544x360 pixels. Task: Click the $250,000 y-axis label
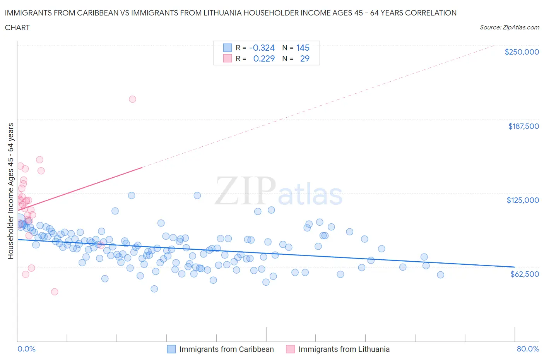pyautogui.click(x=522, y=52)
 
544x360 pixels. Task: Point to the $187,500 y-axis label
pyautogui.click(x=523, y=126)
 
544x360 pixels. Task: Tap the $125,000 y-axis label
pyautogui.click(x=522, y=200)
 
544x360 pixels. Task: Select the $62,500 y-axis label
pyautogui.click(x=524, y=274)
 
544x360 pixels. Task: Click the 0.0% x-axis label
pyautogui.click(x=26, y=349)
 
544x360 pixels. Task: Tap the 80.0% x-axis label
pyautogui.click(x=528, y=349)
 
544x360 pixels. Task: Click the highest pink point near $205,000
pyautogui.click(x=132, y=99)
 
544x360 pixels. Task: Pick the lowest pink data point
pyautogui.click(x=55, y=292)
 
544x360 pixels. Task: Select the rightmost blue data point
pyautogui.click(x=440, y=275)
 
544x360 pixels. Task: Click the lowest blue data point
pyautogui.click(x=154, y=289)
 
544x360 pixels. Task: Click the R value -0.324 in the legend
pyautogui.click(x=262, y=48)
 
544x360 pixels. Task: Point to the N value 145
pyautogui.click(x=303, y=48)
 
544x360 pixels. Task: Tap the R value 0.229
pyautogui.click(x=264, y=59)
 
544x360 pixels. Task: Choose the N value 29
pyautogui.click(x=305, y=59)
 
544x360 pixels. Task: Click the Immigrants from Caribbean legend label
pyautogui.click(x=226, y=349)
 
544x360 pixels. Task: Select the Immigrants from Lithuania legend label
pyautogui.click(x=344, y=349)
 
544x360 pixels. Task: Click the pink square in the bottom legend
pyautogui.click(x=290, y=349)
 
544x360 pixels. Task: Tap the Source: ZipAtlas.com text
pyautogui.click(x=509, y=27)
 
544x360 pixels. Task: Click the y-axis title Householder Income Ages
pyautogui.click(x=11, y=191)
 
